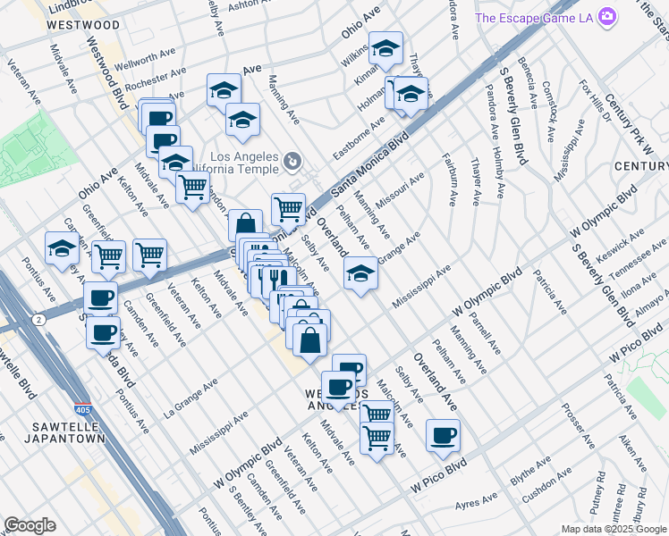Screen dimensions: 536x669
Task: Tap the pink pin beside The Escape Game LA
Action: [607, 17]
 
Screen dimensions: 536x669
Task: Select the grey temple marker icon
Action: [292, 162]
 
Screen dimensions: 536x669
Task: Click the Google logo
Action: [30, 525]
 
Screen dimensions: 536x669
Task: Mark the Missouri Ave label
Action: [400, 191]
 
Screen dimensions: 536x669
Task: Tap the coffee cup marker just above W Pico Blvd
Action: [443, 436]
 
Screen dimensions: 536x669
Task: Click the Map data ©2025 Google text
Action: [614, 529]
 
